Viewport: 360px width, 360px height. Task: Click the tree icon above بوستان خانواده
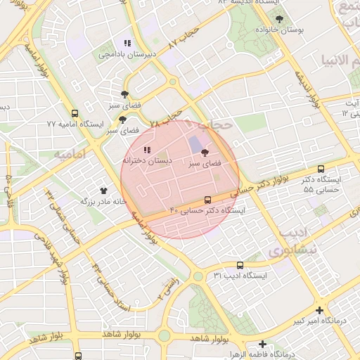pos(280,20)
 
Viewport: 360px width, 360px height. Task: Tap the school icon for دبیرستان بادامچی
pos(127,43)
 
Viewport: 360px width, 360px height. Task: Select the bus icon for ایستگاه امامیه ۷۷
pos(75,113)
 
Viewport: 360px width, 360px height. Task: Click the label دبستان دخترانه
pos(143,160)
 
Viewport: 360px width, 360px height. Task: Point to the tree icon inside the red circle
pos(205,153)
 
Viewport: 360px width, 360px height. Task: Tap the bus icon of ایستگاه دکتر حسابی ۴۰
pos(207,200)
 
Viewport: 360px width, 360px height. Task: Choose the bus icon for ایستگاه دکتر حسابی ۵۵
pos(321,169)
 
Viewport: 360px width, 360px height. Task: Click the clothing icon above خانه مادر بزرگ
pos(104,191)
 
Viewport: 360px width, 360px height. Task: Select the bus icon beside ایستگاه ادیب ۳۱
pos(240,265)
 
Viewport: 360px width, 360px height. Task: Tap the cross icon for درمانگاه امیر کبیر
pos(320,310)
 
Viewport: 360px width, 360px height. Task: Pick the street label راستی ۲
pos(168,289)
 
